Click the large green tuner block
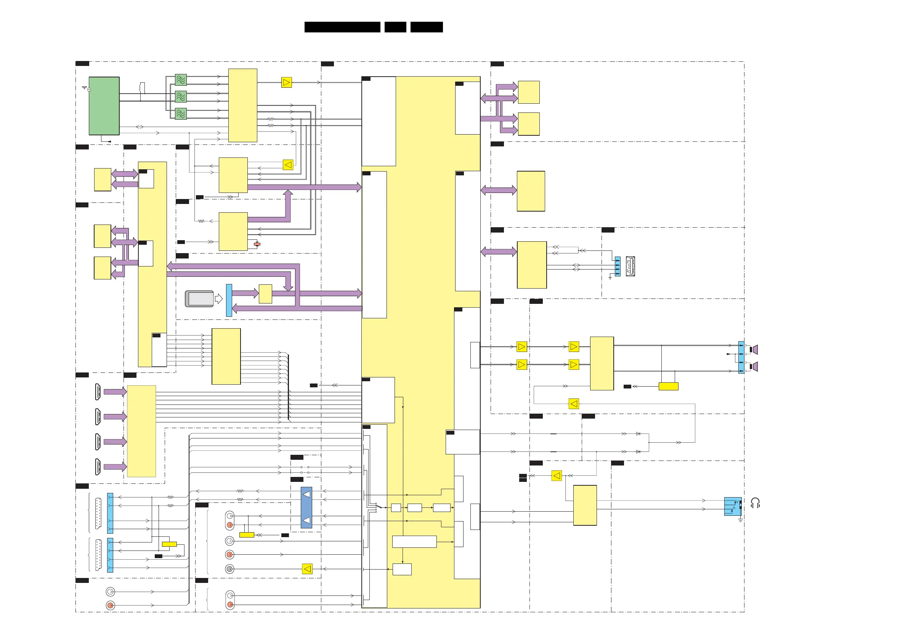(x=104, y=106)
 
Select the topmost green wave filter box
(x=181, y=80)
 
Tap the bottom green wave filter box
(x=181, y=114)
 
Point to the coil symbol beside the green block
(x=142, y=88)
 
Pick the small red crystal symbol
(x=257, y=244)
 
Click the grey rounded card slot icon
(x=200, y=299)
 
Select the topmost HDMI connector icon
(x=98, y=392)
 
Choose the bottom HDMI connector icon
(x=98, y=467)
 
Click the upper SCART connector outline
(x=98, y=513)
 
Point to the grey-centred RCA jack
(x=229, y=569)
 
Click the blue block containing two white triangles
(x=306, y=507)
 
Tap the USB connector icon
(x=630, y=266)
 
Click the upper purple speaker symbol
(x=754, y=350)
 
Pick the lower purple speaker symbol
(x=754, y=367)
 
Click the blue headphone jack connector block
(x=732, y=506)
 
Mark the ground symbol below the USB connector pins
(x=610, y=278)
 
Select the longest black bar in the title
(x=342, y=27)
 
